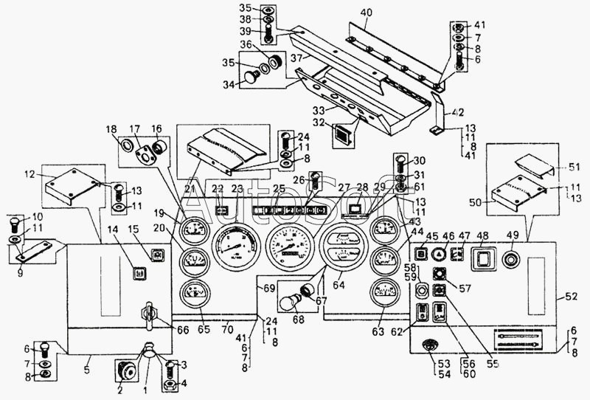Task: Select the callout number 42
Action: [x=458, y=113]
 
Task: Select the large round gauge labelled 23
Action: [x=235, y=250]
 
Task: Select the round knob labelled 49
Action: [x=510, y=260]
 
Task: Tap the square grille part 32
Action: [x=343, y=135]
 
